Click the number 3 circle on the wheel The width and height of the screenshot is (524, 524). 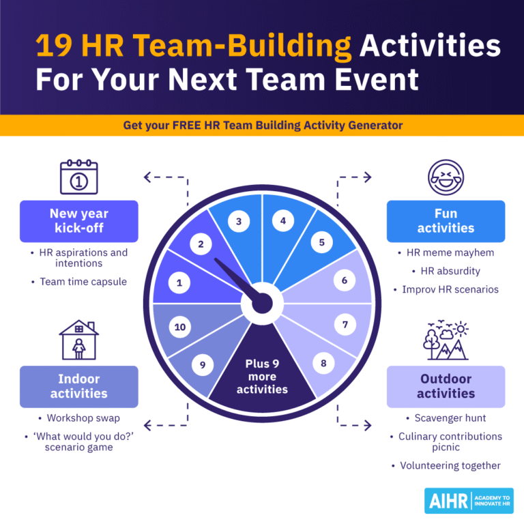(238, 221)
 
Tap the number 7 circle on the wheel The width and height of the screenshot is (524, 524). (345, 325)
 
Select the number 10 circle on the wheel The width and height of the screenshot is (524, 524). (180, 327)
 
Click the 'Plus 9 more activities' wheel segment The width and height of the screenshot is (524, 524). (262, 376)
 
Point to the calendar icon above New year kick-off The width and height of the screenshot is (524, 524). (79, 177)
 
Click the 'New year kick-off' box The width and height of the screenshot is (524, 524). (79, 221)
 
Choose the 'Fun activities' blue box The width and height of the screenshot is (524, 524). (446, 221)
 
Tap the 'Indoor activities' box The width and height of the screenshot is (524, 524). (79, 386)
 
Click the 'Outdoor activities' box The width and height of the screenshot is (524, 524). (446, 386)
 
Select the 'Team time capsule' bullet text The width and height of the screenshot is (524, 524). (83, 281)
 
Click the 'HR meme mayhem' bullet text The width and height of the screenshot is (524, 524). (450, 252)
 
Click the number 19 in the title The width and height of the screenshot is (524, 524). (55, 46)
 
